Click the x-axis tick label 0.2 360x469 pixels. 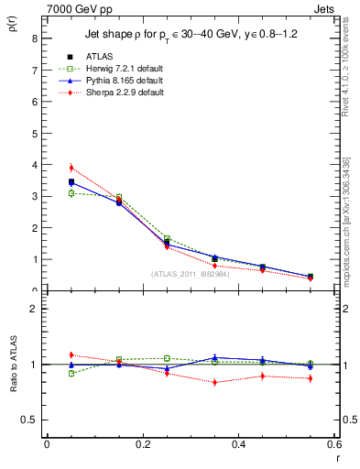coord(142,444)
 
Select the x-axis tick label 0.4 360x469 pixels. coord(238,444)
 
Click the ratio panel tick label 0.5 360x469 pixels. coord(29,420)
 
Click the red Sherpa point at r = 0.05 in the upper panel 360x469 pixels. coord(71,168)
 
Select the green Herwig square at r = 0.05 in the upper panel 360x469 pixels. coord(71,193)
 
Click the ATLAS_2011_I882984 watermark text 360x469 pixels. coord(190,274)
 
